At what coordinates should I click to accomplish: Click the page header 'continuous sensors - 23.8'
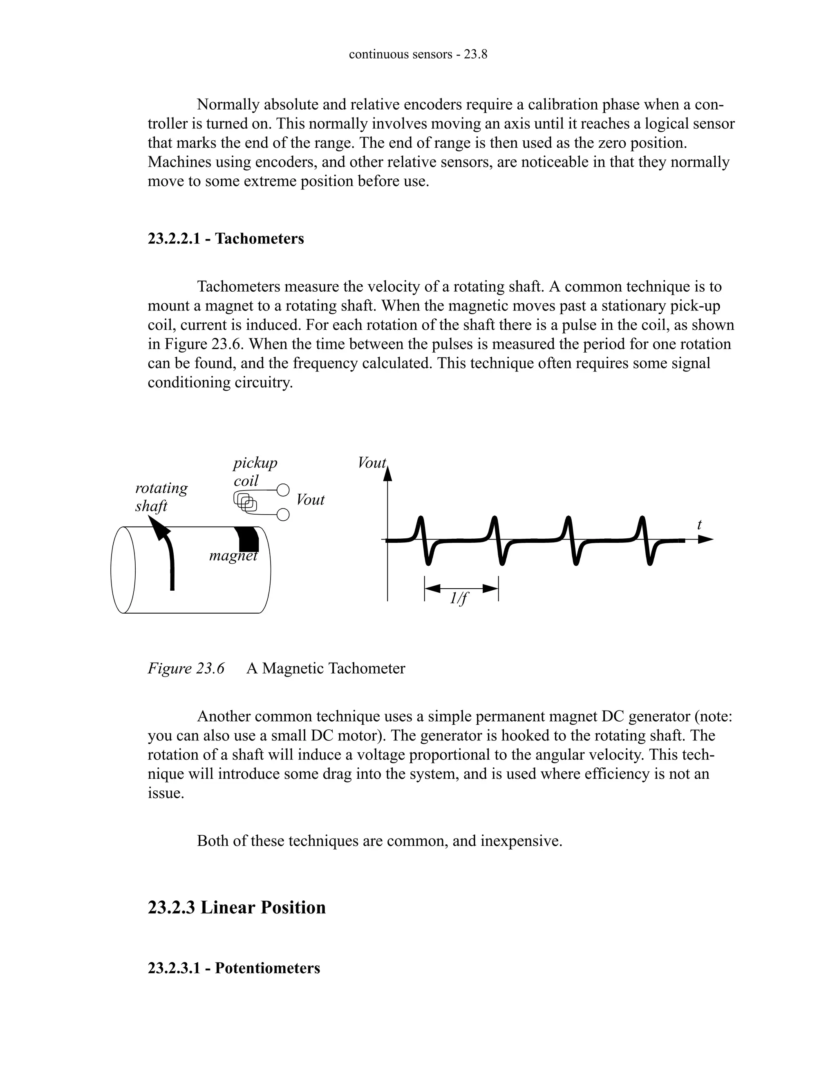(x=418, y=54)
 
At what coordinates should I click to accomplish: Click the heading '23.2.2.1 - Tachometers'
(x=226, y=239)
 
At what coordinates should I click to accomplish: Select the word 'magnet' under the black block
(x=233, y=556)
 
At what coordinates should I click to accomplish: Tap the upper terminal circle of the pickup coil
(x=283, y=490)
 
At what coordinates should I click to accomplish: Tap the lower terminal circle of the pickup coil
(x=283, y=515)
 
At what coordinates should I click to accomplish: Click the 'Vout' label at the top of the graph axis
(x=372, y=463)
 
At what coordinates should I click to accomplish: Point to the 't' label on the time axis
(x=699, y=525)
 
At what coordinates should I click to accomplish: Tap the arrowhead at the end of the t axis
(x=706, y=540)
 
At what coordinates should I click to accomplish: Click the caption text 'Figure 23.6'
(x=186, y=668)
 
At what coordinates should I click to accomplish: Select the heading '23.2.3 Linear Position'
(x=237, y=908)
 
